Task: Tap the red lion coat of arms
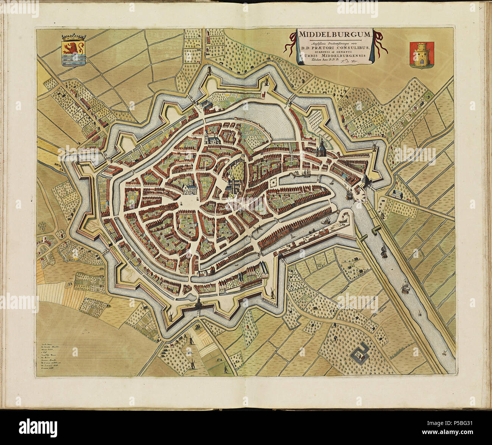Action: [73, 51]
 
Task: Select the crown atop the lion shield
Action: [73, 37]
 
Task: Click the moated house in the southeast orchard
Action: [361, 354]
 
